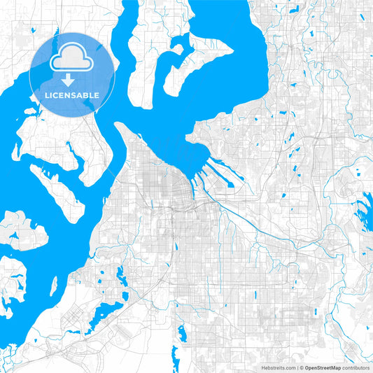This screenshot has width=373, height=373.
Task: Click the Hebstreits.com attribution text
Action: (x=278, y=367)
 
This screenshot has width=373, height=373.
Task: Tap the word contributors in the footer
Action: (x=356, y=367)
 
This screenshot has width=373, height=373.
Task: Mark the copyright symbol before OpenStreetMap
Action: (x=301, y=367)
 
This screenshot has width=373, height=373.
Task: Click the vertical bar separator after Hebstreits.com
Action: (x=296, y=367)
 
